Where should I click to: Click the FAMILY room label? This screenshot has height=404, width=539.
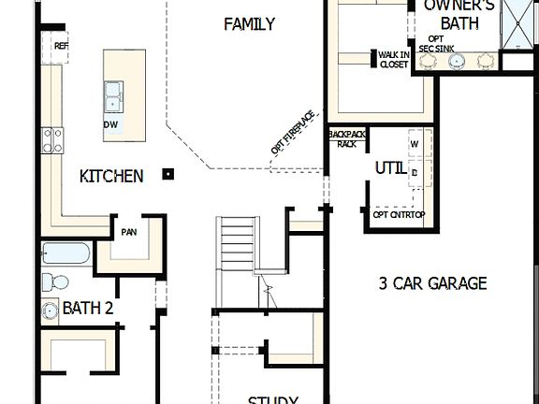click(x=249, y=23)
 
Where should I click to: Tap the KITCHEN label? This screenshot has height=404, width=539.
click(x=111, y=176)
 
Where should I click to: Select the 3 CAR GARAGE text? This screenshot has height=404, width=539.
click(x=432, y=283)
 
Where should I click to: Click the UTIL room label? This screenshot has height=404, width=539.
click(x=390, y=168)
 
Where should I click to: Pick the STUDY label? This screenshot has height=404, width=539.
click(x=272, y=399)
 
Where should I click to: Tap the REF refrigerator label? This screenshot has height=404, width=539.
click(x=62, y=46)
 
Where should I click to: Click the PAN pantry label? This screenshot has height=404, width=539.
click(x=129, y=230)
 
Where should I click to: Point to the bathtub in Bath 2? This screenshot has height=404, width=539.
click(x=66, y=253)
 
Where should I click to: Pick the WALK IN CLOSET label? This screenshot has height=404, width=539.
click(x=393, y=60)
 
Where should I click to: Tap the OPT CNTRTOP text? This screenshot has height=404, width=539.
click(x=399, y=214)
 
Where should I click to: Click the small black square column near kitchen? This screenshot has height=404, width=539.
click(x=168, y=172)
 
